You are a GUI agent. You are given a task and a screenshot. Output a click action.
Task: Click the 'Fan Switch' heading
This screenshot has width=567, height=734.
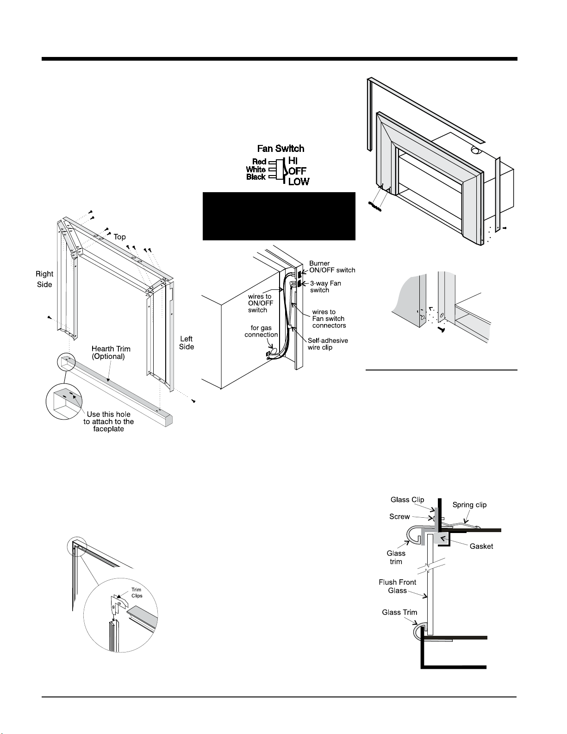(x=280, y=148)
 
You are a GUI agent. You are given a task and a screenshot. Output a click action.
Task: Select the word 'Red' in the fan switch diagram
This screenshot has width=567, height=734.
(x=259, y=162)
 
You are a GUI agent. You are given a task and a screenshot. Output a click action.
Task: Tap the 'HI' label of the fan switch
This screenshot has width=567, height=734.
(x=293, y=161)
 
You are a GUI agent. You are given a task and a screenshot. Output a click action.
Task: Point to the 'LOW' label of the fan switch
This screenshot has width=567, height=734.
(x=299, y=182)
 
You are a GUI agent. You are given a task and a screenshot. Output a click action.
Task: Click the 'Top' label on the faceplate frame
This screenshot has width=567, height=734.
(x=119, y=237)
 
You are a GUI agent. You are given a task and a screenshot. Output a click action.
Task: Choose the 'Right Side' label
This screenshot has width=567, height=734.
(x=44, y=279)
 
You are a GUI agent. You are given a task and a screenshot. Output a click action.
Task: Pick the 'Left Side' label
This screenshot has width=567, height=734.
(x=186, y=343)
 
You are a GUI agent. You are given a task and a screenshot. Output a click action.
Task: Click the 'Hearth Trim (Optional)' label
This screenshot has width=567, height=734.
(x=111, y=353)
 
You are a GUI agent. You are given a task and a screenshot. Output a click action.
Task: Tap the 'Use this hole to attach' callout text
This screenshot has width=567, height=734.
(x=109, y=421)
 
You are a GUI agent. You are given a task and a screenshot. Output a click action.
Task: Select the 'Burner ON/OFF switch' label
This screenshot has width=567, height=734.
(x=332, y=267)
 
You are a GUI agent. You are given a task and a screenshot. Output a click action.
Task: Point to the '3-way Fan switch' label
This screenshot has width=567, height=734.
(x=325, y=287)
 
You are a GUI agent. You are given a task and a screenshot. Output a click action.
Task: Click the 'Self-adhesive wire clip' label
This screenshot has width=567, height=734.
(x=328, y=344)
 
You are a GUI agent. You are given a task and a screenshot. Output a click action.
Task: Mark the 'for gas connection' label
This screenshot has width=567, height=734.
(x=261, y=331)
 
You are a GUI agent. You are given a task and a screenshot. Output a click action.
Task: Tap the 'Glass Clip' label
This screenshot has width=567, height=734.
(x=407, y=500)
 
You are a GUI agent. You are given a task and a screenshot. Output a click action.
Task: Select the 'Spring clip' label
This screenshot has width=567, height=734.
(x=469, y=505)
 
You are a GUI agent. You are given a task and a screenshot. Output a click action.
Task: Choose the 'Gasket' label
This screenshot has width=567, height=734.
(x=481, y=546)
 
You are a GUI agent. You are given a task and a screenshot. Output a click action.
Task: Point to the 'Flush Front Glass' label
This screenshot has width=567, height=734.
(x=397, y=586)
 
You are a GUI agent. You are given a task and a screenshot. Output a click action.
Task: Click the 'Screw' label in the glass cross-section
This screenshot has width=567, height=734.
(x=399, y=516)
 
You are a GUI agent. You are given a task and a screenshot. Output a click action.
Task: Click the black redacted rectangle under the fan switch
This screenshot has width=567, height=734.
(x=279, y=216)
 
